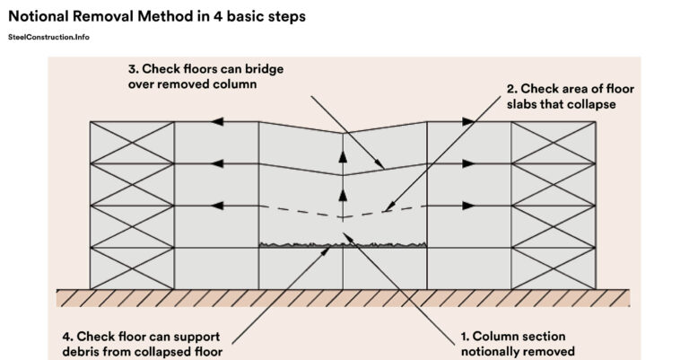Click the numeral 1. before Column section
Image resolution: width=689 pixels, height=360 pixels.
click(x=464, y=336)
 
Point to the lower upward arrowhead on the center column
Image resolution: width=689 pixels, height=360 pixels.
click(x=343, y=194)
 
